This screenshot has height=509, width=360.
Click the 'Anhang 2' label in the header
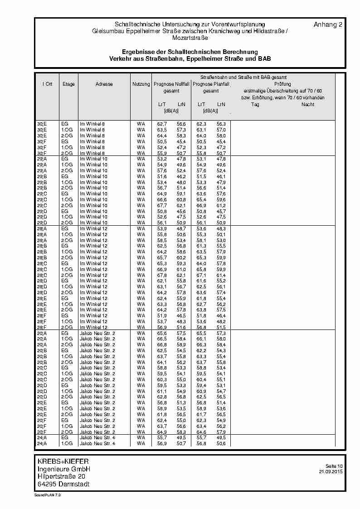coord(327,24)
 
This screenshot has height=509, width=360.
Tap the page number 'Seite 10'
coord(334,466)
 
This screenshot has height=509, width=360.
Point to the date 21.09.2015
coord(331,472)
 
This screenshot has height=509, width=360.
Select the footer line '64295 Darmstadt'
coord(63,484)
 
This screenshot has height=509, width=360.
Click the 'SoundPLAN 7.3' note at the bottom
coord(47,495)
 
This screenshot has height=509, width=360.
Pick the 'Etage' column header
coord(68,84)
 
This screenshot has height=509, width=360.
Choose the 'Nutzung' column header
coord(141,84)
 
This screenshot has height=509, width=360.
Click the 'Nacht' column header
coord(307,105)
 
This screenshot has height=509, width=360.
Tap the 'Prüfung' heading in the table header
coord(282,84)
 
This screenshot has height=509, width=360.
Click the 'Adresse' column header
coord(104,84)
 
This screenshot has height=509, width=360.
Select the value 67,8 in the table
coord(162,275)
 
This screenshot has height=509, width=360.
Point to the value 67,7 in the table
coord(162,205)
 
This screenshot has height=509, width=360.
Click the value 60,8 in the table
coord(181,199)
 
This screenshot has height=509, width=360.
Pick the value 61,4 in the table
coord(221,275)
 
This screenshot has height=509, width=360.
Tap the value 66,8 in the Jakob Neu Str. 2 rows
coord(162,345)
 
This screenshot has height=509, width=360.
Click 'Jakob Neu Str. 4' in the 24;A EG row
coord(97,438)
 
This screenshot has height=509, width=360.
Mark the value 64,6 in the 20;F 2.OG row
coord(201,432)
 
